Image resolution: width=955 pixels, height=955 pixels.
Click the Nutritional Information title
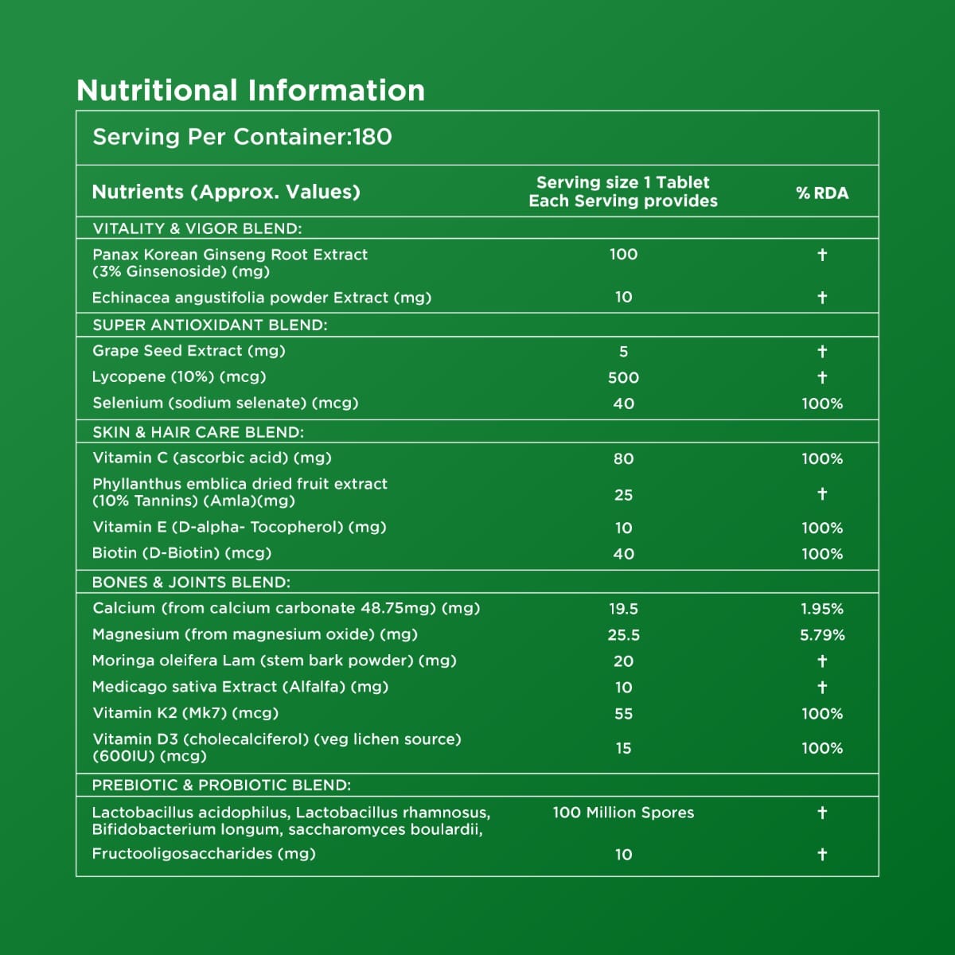(251, 91)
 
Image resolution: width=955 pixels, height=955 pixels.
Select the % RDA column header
(822, 193)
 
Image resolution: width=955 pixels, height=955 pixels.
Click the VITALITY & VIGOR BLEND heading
(197, 228)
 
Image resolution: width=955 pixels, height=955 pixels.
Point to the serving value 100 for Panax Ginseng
(623, 255)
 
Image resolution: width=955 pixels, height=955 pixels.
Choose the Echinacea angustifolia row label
(262, 298)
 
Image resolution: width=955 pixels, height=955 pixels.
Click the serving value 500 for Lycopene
(623, 378)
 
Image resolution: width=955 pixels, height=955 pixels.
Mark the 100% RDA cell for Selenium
(822, 403)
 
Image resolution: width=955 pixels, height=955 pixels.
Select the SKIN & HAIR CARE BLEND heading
(198, 432)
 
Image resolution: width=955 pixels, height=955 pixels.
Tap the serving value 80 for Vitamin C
(623, 459)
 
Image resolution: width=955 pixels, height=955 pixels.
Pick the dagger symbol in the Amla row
(822, 494)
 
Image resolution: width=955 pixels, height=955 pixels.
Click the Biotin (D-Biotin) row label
(181, 553)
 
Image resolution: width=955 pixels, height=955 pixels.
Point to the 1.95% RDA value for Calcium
(822, 609)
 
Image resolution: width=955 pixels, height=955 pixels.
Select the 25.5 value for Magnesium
(623, 635)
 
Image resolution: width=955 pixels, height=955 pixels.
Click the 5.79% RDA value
(822, 635)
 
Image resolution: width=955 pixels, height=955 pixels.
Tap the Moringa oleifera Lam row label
(274, 661)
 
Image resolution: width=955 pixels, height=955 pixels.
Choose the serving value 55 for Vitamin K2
(623, 714)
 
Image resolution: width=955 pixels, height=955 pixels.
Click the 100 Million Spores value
(623, 813)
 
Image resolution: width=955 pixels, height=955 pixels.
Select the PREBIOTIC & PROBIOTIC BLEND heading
(221, 785)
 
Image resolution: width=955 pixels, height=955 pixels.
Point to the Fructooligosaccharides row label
(204, 854)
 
